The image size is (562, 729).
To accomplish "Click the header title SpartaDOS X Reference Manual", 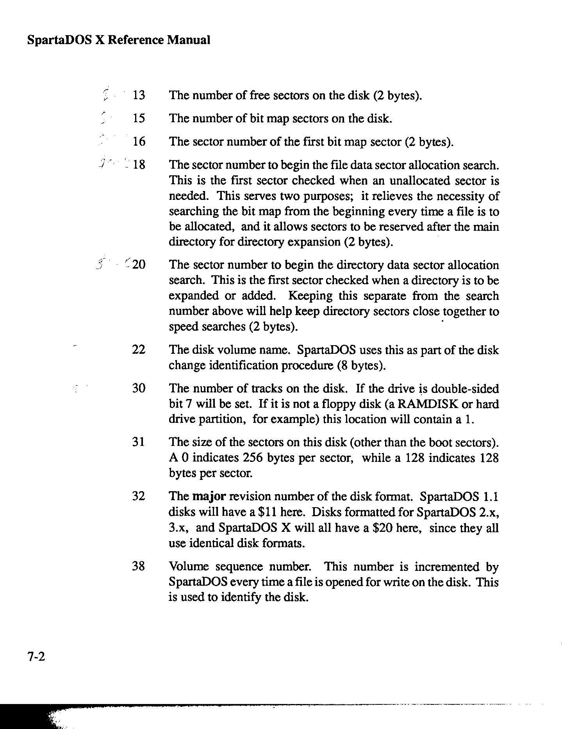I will (x=119, y=40).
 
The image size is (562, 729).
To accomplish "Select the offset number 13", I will (x=139, y=95).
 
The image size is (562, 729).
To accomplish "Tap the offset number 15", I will (x=139, y=118).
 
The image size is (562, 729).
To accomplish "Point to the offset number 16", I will (x=139, y=141).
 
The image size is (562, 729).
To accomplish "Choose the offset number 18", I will (x=139, y=164).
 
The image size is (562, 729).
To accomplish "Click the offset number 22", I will (x=139, y=349).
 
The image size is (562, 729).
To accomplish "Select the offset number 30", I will (x=139, y=388).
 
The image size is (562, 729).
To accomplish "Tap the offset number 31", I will (x=139, y=442).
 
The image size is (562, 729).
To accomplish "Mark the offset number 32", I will (x=139, y=496).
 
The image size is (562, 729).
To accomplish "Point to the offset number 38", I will (x=139, y=566).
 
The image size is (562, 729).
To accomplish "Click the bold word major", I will (x=209, y=497).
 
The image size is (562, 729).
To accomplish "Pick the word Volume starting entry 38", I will (x=189, y=567).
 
